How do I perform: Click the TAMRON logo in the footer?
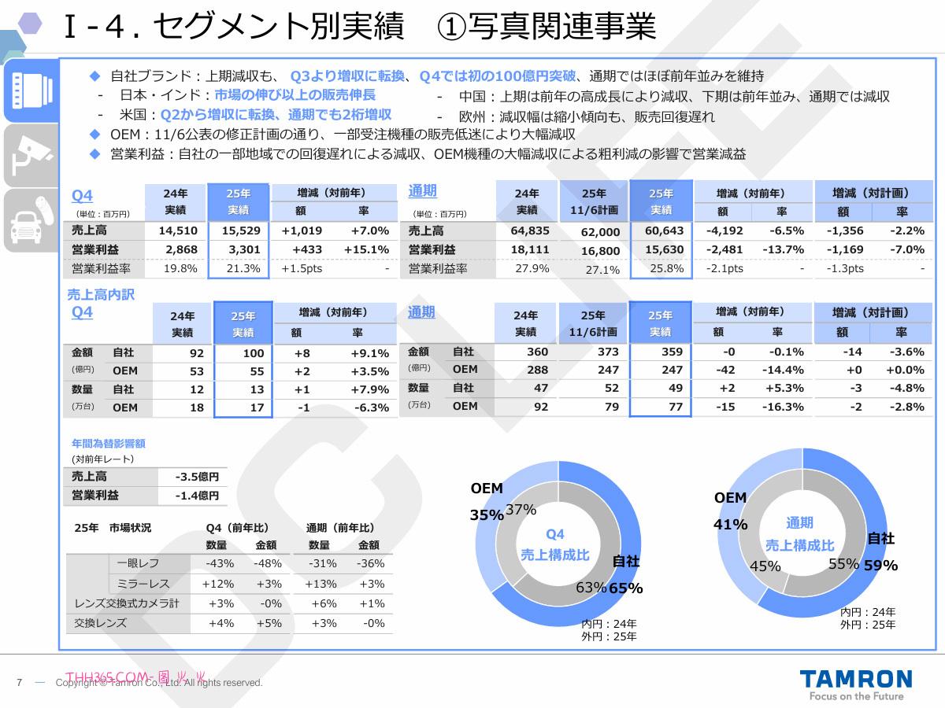(x=855, y=680)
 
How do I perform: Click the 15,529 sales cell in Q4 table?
(x=240, y=230)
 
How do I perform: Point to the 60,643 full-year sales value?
(x=664, y=230)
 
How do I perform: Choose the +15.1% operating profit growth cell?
(x=366, y=249)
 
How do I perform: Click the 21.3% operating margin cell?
(x=243, y=268)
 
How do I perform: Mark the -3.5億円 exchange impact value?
(x=197, y=477)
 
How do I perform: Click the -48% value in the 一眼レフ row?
(x=267, y=563)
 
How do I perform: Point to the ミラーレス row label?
(x=143, y=584)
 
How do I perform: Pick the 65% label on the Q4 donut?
(x=626, y=588)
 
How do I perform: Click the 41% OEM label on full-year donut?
(x=731, y=524)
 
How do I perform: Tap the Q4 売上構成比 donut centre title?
(x=555, y=544)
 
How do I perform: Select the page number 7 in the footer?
(x=19, y=682)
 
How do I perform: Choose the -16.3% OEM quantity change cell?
(x=783, y=407)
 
